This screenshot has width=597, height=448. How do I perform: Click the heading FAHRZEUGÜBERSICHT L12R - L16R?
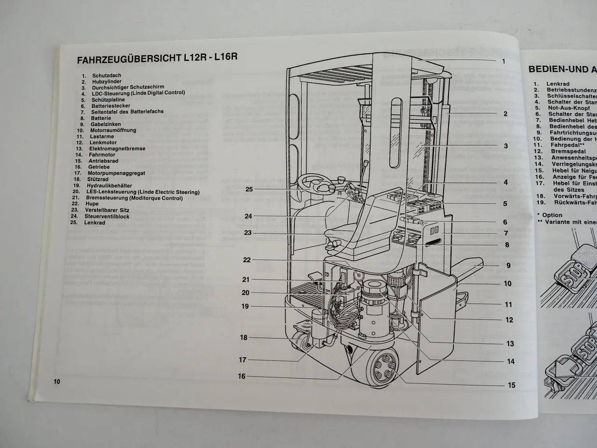157,59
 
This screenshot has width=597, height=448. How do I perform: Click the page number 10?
57,381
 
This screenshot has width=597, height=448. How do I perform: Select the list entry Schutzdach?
106,75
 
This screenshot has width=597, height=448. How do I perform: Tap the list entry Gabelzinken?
106,124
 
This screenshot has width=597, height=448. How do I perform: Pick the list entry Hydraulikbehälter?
109,186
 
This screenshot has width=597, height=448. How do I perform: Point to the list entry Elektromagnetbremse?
117,148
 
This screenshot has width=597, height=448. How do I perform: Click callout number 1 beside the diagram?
504,61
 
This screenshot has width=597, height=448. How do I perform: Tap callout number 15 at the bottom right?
512,385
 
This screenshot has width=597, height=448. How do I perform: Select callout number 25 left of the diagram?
249,189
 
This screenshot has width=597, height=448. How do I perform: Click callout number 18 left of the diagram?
243,337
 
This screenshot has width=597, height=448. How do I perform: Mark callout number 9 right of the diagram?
508,266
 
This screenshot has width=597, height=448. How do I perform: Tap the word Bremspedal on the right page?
567,151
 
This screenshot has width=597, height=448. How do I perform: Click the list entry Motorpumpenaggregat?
116,173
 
